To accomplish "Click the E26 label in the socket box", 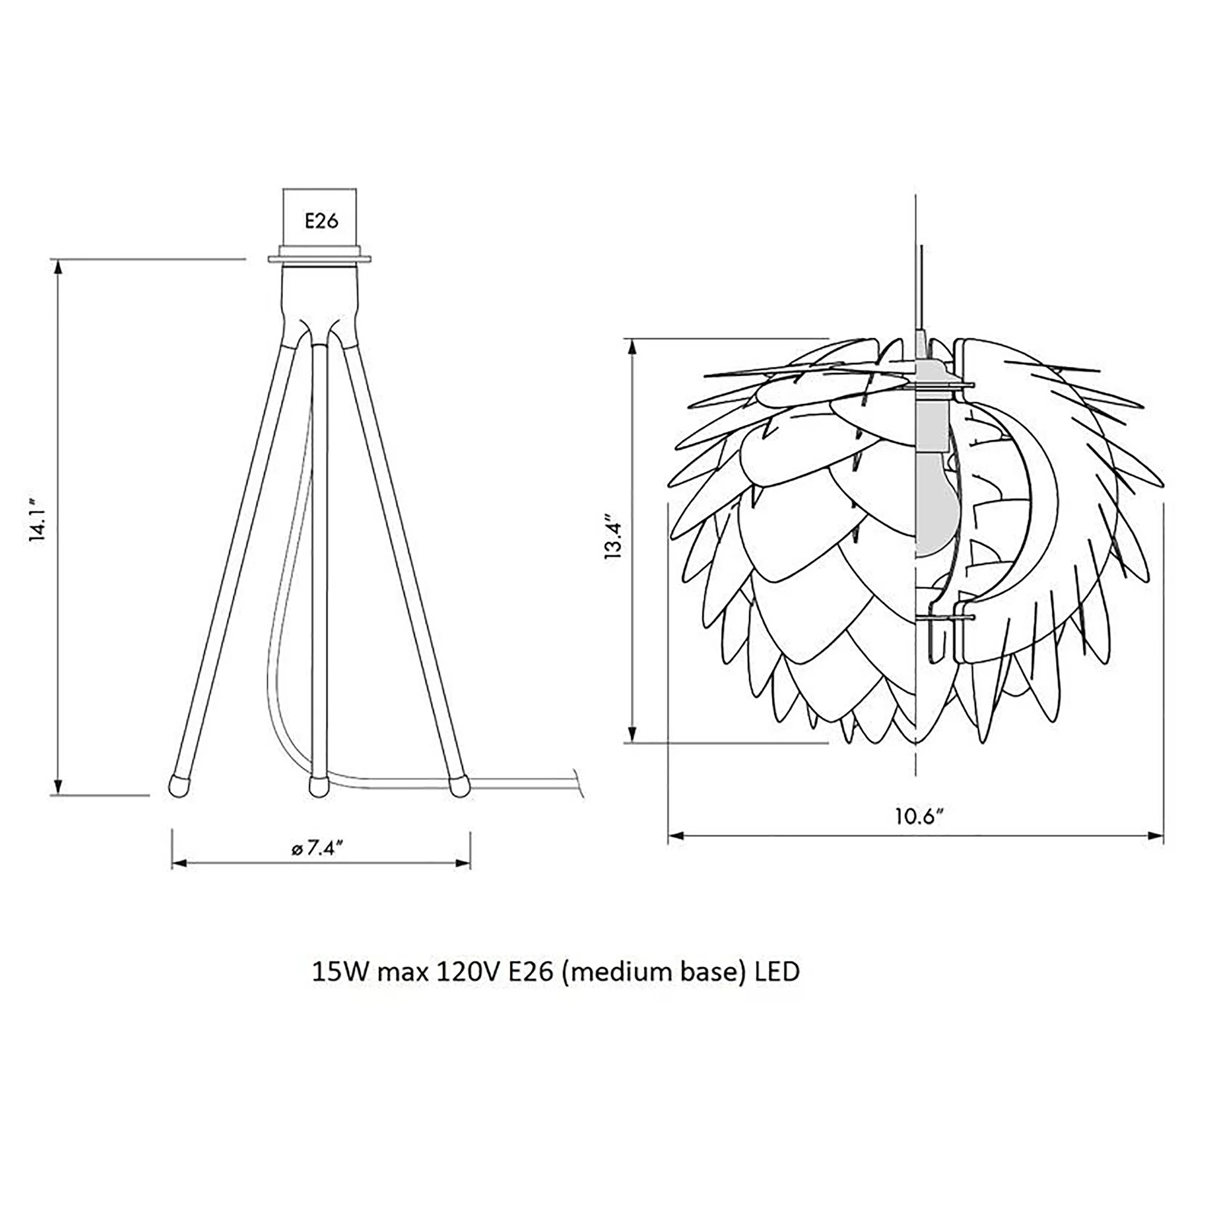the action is (322, 220).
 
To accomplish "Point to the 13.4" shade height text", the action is (613, 538).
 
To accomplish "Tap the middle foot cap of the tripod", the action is (319, 787).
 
